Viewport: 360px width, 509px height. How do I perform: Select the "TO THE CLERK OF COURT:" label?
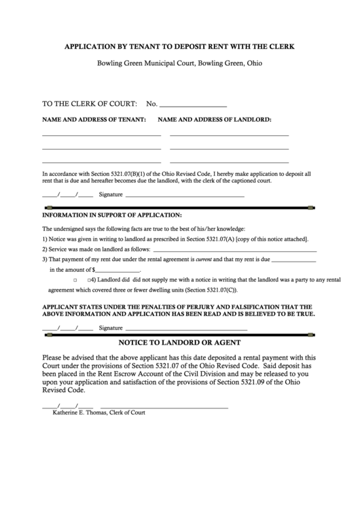90,104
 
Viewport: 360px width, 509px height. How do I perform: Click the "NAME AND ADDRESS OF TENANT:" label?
94,120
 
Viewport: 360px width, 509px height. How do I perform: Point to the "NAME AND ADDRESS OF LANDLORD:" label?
215,120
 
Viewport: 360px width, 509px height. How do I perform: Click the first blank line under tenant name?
101,136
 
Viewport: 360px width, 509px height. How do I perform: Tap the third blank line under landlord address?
229,162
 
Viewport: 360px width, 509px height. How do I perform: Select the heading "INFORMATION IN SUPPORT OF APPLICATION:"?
112,215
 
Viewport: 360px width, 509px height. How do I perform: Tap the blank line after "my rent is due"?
293,262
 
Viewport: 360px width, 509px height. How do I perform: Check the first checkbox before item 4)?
74,280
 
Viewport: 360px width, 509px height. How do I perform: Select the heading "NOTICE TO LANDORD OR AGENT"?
179,343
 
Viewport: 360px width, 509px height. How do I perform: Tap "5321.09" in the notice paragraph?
266,383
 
